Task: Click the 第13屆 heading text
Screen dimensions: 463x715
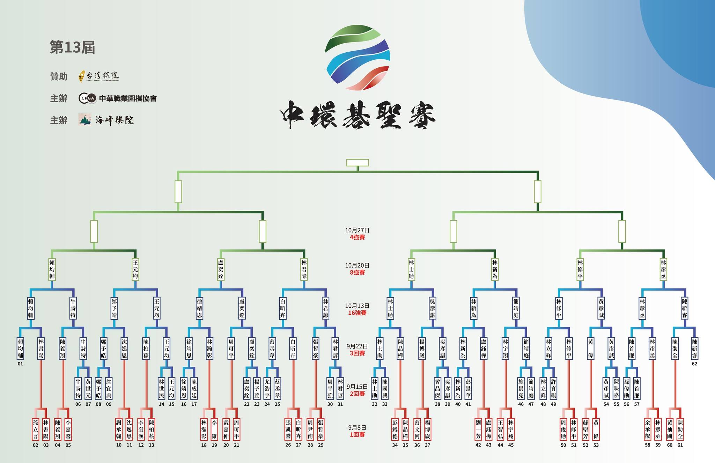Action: click(72, 47)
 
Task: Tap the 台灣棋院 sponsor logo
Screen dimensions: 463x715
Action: click(99, 76)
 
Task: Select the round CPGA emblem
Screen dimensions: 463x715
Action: click(87, 98)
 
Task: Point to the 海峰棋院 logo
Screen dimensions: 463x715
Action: click(106, 120)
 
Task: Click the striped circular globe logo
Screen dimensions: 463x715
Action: click(357, 58)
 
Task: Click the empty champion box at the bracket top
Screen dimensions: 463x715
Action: click(357, 163)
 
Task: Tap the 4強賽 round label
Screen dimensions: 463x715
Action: click(357, 237)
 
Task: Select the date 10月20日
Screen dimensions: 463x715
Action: click(357, 266)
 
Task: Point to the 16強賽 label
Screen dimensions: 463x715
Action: click(357, 313)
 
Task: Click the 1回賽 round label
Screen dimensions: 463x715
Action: click(357, 435)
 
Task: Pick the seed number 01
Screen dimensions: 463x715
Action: click(20, 364)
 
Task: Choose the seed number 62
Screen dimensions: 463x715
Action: click(694, 364)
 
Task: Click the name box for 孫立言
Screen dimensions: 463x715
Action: click(35, 429)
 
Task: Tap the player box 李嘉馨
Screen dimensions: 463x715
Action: click(68, 429)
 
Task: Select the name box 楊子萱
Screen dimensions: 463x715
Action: click(257, 388)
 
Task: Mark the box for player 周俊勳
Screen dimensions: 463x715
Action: click(563, 429)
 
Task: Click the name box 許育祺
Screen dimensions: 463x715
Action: click(553, 388)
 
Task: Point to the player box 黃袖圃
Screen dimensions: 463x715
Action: click(670, 429)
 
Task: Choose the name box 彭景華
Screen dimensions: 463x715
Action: click(468, 388)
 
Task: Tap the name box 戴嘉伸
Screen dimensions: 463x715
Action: click(226, 429)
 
